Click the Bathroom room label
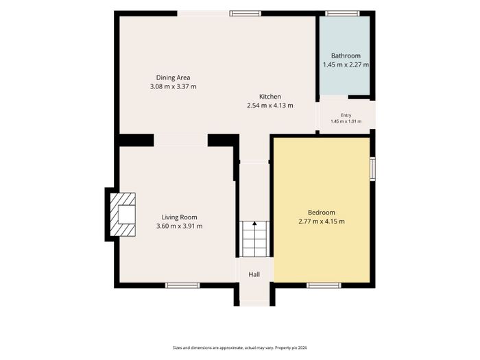(x=346, y=56)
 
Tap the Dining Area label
(x=173, y=77)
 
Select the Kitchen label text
(x=270, y=97)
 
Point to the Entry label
(x=346, y=115)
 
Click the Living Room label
(x=180, y=217)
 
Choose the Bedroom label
(x=322, y=213)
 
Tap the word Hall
(x=254, y=274)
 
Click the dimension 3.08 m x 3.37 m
(x=173, y=86)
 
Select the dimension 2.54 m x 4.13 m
(x=270, y=106)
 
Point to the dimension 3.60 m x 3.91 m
(x=180, y=226)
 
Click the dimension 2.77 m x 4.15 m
(x=322, y=221)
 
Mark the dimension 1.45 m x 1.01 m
(x=346, y=121)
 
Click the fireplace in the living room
(x=123, y=214)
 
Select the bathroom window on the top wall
(x=342, y=13)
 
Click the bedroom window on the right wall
(x=372, y=169)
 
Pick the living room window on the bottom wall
(x=182, y=285)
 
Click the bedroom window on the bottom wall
(x=324, y=285)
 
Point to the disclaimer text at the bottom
(x=240, y=348)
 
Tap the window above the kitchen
(x=245, y=13)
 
